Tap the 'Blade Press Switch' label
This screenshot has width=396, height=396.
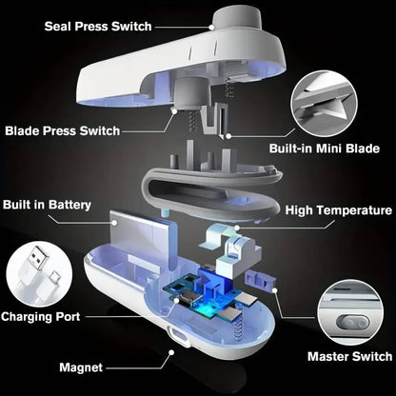(x=63, y=130)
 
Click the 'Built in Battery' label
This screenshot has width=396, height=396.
(x=48, y=205)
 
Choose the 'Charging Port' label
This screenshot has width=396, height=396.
(x=41, y=316)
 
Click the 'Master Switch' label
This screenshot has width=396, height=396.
(x=349, y=356)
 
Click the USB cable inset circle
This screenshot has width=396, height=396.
(x=37, y=271)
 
